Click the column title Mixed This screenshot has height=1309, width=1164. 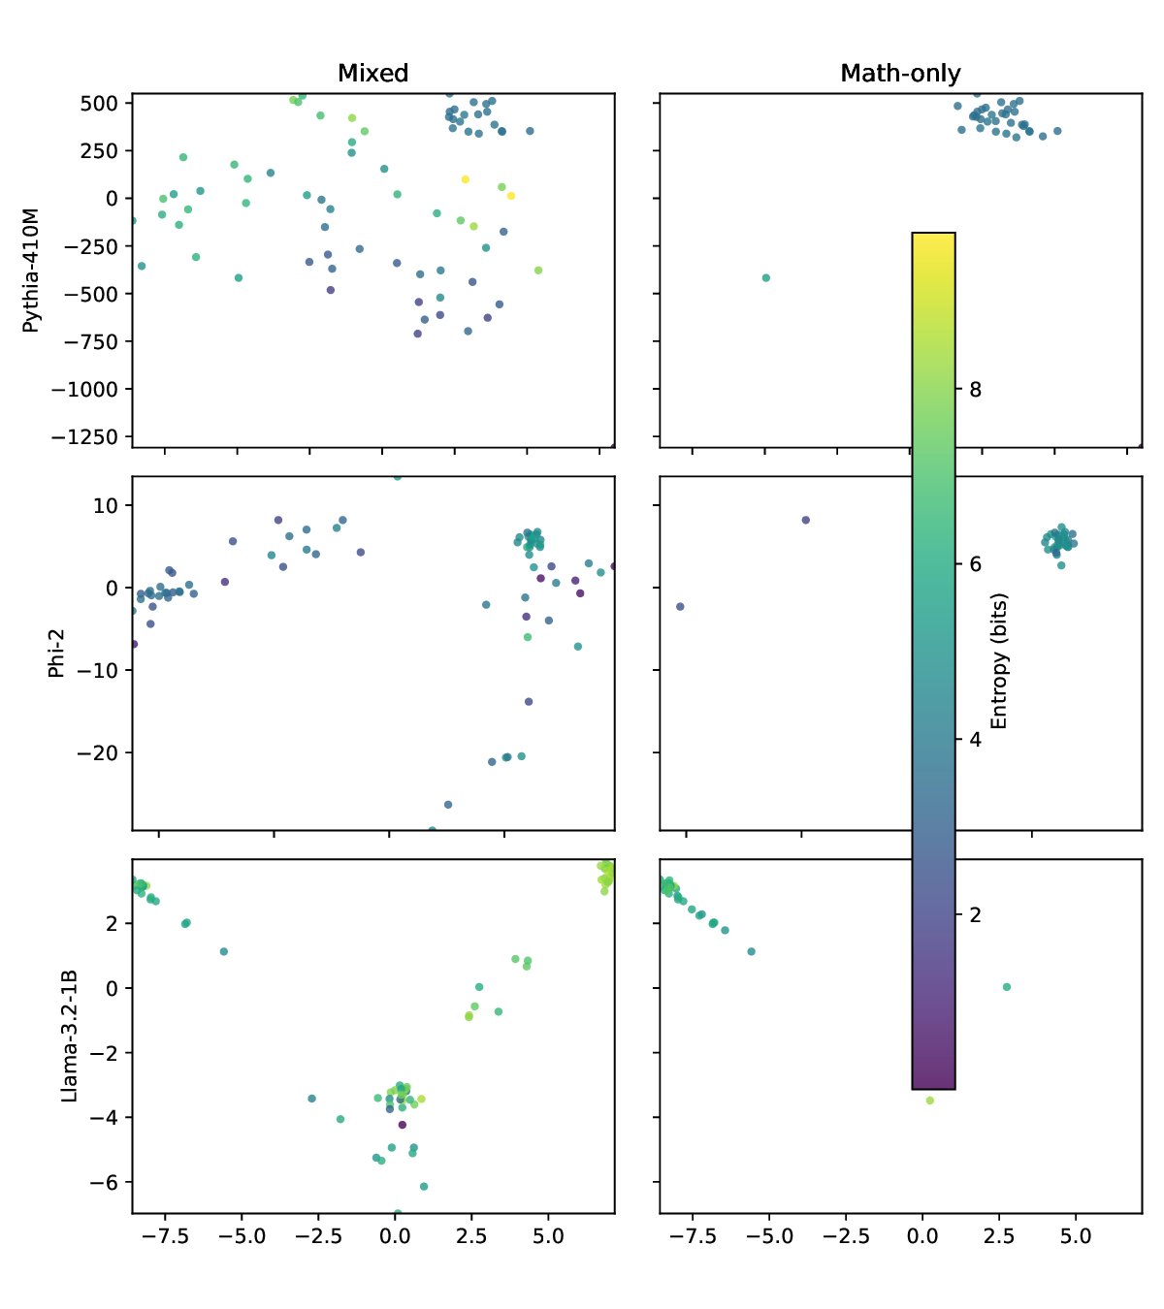[372, 74]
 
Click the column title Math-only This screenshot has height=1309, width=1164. [900, 74]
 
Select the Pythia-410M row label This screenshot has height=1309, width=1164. [32, 271]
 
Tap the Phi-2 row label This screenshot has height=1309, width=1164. [56, 654]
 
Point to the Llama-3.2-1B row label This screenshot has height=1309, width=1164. [69, 1036]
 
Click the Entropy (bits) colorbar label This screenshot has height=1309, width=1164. [999, 661]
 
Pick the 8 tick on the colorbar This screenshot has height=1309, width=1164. [975, 390]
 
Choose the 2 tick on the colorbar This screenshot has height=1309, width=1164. [975, 915]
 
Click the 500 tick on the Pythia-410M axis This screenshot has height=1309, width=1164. [99, 104]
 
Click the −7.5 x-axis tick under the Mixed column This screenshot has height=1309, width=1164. [165, 1236]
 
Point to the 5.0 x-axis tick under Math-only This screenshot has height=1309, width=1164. [1075, 1236]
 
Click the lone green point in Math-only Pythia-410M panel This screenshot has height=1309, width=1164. [765, 278]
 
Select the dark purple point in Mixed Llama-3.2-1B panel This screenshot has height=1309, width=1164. [403, 1125]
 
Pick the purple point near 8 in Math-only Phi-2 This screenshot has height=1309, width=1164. [805, 521]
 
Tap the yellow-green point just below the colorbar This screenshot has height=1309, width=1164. [929, 1101]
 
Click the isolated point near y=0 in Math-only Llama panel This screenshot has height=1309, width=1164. [1007, 987]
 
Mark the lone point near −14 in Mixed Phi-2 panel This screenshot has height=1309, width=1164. [529, 702]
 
